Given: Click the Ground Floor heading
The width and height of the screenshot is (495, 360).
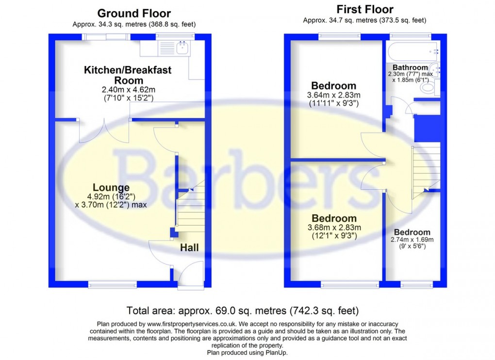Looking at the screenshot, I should click(x=134, y=13).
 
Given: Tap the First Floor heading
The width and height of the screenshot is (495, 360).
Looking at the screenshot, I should click(x=364, y=9).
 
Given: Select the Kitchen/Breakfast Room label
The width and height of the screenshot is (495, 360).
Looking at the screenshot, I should click(x=128, y=75).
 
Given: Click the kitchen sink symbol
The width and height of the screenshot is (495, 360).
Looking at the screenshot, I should click(x=183, y=48).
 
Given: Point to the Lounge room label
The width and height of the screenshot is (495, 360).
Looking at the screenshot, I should click(x=111, y=188).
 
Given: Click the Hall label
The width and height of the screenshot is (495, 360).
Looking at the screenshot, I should click(x=189, y=247).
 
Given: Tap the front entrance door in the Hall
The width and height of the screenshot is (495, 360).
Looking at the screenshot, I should click(x=191, y=277).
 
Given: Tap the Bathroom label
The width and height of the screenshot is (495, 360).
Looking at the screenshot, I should click(x=410, y=67).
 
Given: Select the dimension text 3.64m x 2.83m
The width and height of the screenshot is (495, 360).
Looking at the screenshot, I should click(x=334, y=95).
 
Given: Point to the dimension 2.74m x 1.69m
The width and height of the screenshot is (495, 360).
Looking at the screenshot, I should click(x=412, y=240).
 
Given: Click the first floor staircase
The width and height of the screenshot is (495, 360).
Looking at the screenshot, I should click(x=425, y=172).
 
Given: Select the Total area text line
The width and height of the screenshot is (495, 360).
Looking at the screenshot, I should click(x=242, y=310).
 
